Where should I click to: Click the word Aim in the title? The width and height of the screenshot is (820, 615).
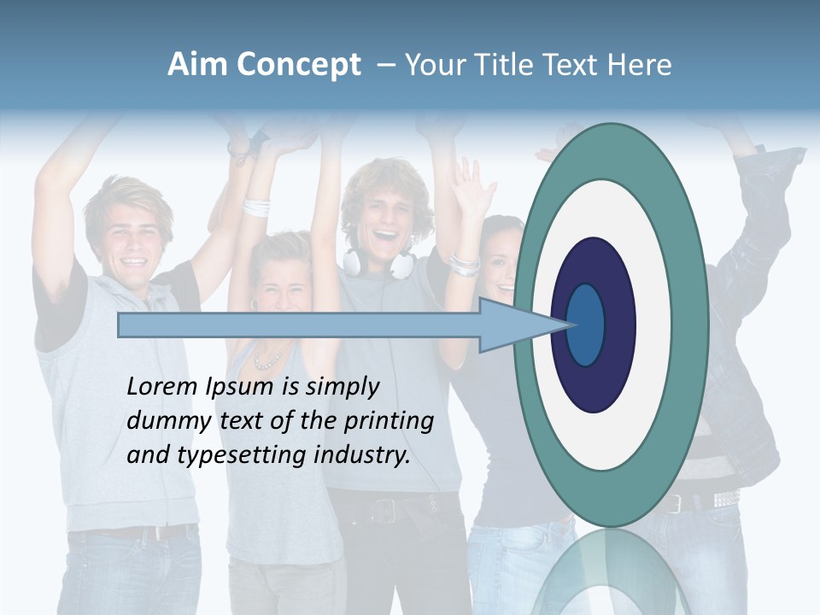[x=198, y=65]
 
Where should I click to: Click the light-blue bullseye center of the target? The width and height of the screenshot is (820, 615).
[x=586, y=325]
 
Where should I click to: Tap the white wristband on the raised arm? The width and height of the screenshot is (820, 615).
[x=255, y=207]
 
